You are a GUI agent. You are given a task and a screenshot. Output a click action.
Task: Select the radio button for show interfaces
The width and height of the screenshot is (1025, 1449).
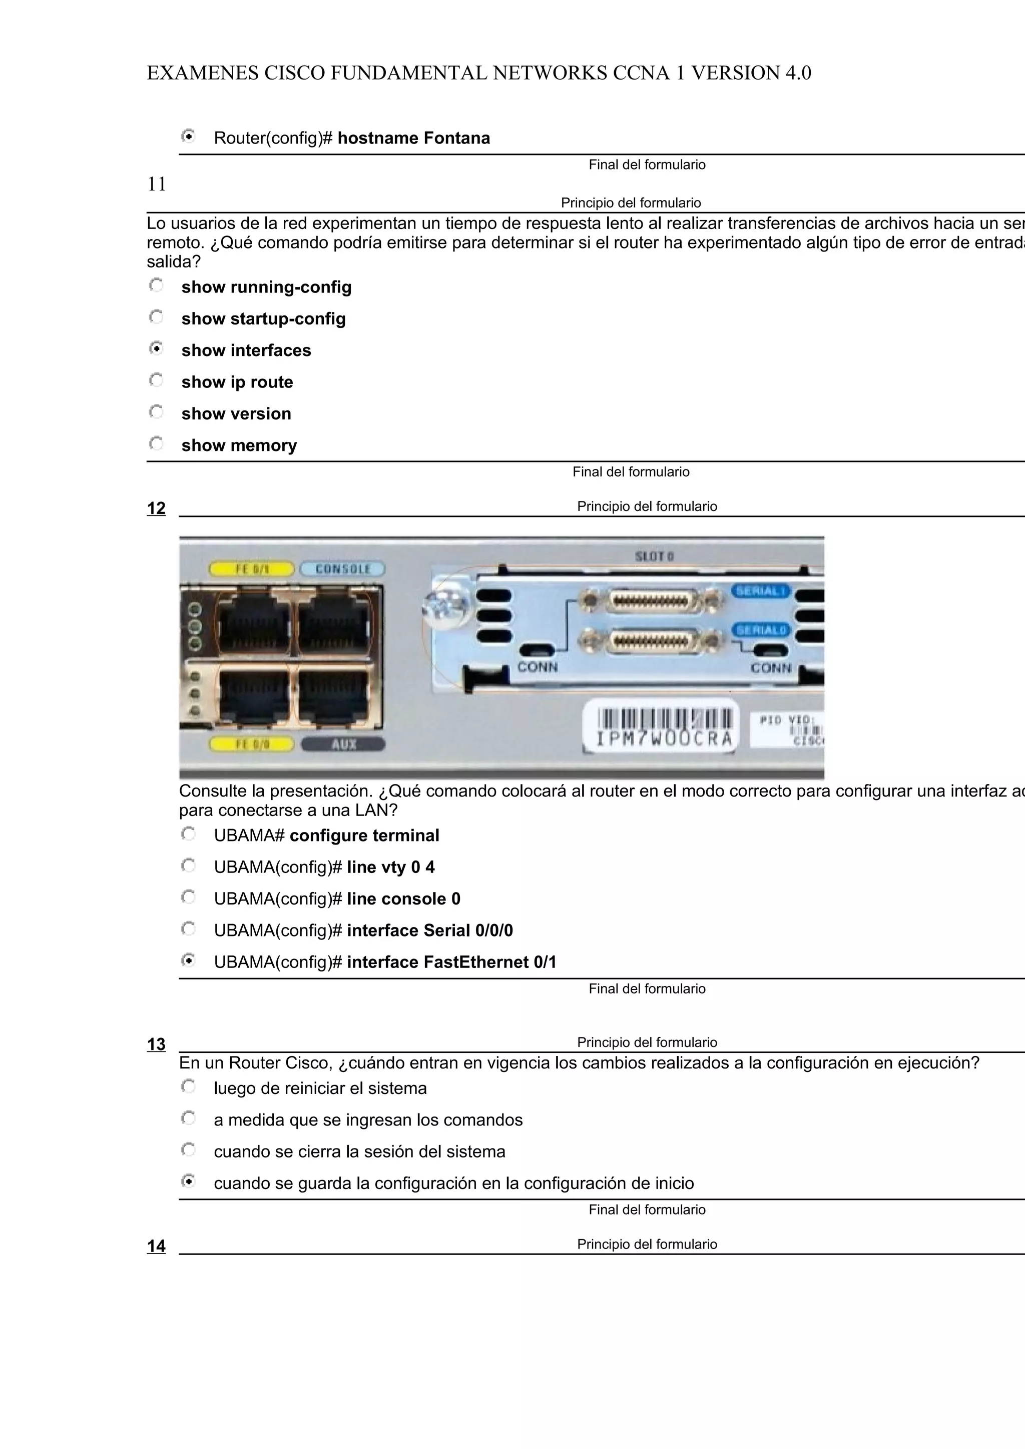click(156, 348)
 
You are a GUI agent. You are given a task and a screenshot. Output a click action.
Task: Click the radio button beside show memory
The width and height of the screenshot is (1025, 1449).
click(156, 443)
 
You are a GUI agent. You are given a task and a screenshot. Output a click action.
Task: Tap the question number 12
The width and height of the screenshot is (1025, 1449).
click(156, 508)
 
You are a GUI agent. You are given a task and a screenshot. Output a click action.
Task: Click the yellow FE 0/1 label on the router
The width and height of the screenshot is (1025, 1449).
click(251, 569)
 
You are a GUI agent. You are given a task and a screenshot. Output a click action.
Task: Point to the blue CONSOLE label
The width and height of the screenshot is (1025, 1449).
click(342, 569)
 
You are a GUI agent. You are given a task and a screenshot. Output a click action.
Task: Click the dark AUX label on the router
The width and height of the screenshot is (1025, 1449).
click(343, 744)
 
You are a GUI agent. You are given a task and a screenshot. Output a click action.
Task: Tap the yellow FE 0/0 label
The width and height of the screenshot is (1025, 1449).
click(251, 744)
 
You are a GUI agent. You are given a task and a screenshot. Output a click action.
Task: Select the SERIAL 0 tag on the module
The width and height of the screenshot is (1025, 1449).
click(762, 630)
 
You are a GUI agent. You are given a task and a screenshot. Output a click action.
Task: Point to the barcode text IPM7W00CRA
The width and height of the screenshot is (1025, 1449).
click(664, 738)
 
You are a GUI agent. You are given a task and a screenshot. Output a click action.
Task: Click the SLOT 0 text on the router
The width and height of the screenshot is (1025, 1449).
click(654, 556)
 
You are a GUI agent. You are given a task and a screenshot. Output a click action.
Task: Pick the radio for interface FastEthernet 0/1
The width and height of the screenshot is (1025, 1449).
click(188, 960)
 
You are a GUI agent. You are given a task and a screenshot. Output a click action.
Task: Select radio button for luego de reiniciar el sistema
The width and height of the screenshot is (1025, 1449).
click(188, 1086)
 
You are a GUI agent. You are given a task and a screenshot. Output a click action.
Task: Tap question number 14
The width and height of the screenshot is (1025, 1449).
click(156, 1246)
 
